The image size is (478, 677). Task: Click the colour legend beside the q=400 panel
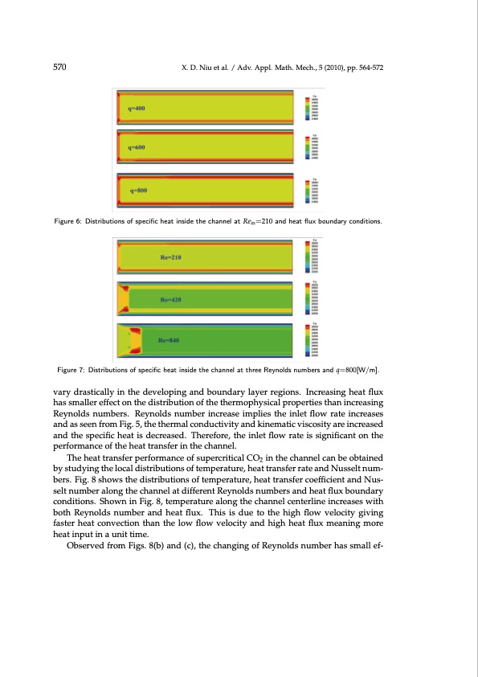(315, 109)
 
